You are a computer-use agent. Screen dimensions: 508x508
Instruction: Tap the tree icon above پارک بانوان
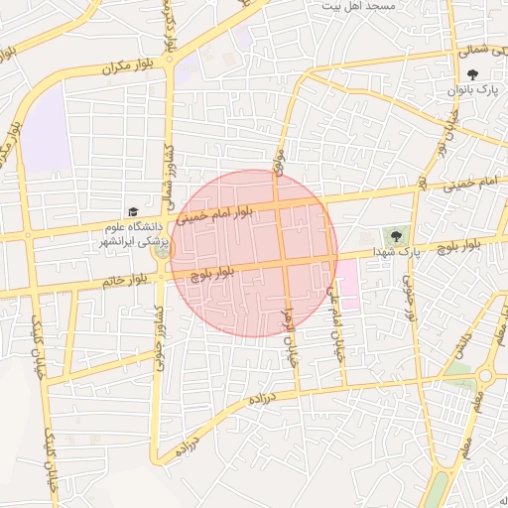[474, 74]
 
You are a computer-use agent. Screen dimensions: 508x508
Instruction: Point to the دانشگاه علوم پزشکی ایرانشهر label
[136, 234]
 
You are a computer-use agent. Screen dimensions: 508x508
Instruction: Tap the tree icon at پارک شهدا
[397, 236]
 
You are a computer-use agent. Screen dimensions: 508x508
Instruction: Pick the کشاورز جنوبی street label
[159, 337]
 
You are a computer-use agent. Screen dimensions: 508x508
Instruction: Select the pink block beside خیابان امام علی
[349, 284]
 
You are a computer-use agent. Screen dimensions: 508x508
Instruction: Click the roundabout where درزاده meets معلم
[485, 376]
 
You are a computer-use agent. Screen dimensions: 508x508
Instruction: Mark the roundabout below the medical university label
[160, 254]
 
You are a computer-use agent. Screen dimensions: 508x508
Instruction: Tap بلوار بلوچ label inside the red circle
[214, 273]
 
